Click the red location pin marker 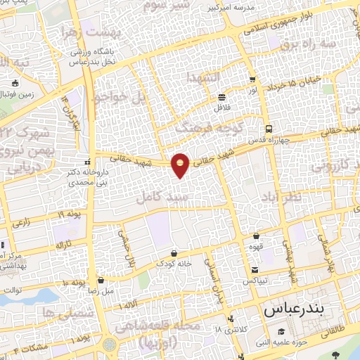[x=181, y=165]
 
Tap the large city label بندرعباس [x=292, y=309]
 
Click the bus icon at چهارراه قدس [x=269, y=129]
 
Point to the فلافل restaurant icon [x=222, y=97]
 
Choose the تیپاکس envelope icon [x=254, y=270]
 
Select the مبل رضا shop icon [x=101, y=279]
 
